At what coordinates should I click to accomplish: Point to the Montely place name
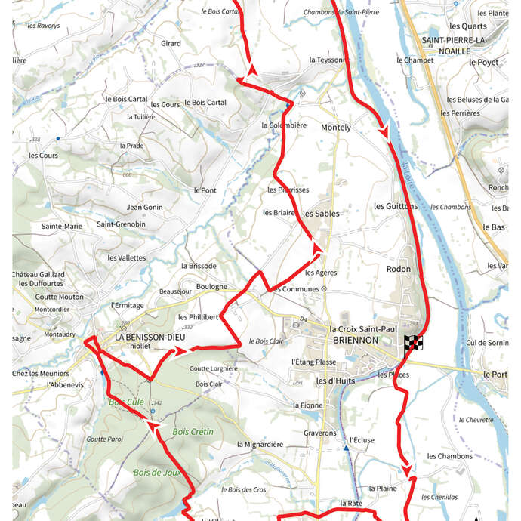336,128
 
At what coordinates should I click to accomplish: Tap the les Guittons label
396,206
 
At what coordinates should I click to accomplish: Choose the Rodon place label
399,269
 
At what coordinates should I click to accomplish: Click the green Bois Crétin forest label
193,432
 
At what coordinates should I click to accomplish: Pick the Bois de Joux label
158,473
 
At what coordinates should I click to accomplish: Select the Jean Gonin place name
144,207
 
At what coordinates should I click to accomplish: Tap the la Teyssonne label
330,60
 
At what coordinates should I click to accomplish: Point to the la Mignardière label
260,445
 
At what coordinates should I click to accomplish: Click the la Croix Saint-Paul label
364,329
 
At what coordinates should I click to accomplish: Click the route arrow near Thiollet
180,350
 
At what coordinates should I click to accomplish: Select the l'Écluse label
362,439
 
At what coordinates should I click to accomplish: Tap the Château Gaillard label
39,274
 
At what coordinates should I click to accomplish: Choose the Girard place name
171,44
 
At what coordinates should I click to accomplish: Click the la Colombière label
284,125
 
